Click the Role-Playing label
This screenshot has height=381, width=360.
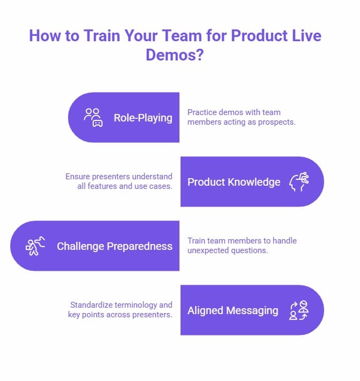tap(143, 118)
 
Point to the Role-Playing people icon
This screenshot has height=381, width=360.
tap(93, 117)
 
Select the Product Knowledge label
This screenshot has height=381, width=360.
tap(234, 182)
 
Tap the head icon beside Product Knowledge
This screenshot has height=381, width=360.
tap(299, 181)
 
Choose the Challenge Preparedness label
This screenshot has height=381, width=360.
tap(115, 246)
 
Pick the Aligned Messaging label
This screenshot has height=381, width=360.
tap(232, 310)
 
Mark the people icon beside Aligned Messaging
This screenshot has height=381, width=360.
tap(299, 310)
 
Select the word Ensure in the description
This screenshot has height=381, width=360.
tap(78, 177)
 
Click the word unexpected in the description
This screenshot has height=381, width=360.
tap(210, 250)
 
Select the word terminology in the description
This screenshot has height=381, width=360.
tap(138, 305)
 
